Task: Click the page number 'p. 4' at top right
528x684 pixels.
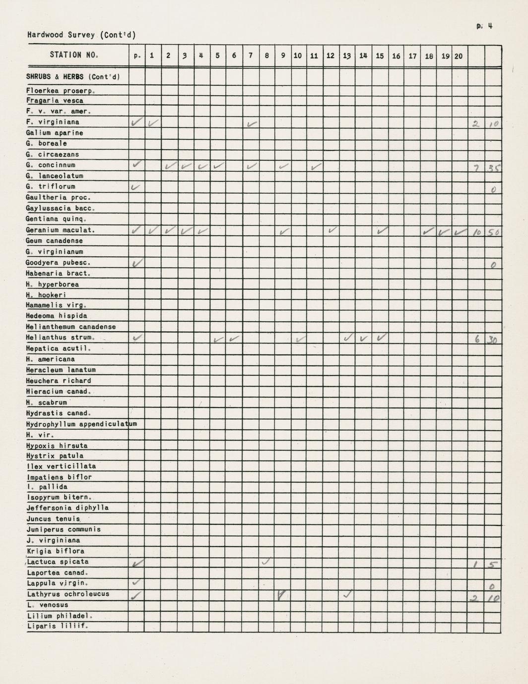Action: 484,26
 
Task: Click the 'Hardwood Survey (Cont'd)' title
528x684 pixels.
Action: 81,35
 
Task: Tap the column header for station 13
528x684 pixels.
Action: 347,56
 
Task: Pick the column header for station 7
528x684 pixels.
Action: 251,56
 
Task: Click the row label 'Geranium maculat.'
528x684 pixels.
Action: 60,230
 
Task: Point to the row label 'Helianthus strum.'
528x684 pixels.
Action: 60,338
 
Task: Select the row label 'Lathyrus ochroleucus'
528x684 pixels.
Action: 68,594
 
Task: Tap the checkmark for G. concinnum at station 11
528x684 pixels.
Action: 315,167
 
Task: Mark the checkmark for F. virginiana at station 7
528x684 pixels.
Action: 252,123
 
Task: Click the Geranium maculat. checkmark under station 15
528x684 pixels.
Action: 382,230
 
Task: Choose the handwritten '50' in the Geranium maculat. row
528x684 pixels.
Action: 493,232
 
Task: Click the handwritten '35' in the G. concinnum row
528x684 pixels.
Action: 493,168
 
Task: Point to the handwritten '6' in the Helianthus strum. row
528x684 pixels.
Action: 477,339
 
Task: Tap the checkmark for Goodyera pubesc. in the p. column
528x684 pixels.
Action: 137,263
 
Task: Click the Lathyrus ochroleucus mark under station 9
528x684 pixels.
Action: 282,595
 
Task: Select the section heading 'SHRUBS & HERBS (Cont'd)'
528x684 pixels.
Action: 73,77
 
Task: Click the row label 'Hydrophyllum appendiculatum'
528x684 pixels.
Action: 81,424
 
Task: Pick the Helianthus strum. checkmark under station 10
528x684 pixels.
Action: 300,339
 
